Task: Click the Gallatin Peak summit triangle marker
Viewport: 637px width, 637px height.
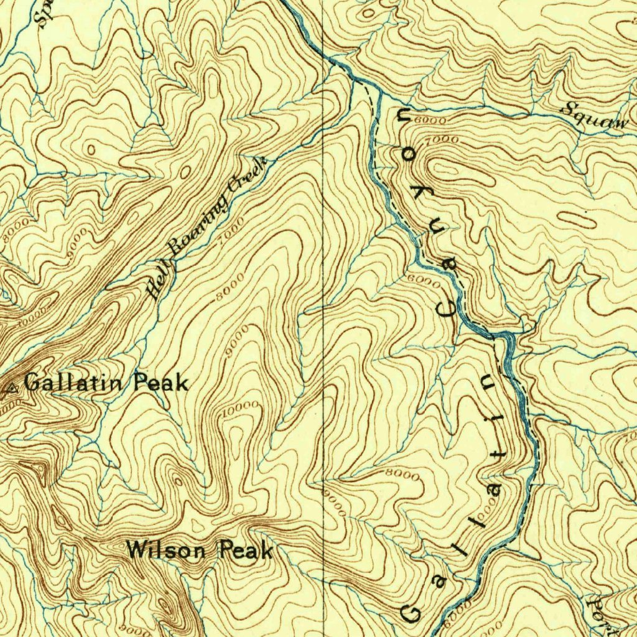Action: pyautogui.click(x=11, y=389)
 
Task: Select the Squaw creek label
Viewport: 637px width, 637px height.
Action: pyautogui.click(x=593, y=116)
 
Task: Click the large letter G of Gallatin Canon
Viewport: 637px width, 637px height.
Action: pyautogui.click(x=411, y=613)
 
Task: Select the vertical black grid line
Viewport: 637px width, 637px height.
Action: pyautogui.click(x=323, y=311)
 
